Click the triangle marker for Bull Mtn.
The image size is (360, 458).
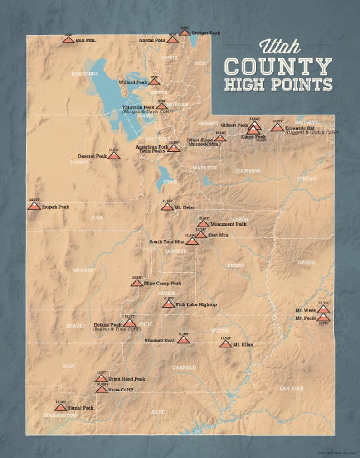pyautogui.click(x=68, y=39)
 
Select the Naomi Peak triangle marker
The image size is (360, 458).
pyautogui.click(x=172, y=40)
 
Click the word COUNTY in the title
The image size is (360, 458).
pyautogui.click(x=278, y=66)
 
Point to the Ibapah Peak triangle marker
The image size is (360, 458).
pyautogui.click(x=34, y=207)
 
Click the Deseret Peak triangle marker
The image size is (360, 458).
pyautogui.click(x=114, y=155)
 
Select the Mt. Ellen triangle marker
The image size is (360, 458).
pyautogui.click(x=225, y=344)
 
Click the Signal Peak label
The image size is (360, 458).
pyautogui.click(x=82, y=408)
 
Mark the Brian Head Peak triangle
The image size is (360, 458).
pyautogui.click(x=101, y=378)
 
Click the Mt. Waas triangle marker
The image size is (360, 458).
pyautogui.click(x=323, y=310)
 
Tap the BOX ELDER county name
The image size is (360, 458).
pyautogui.click(x=85, y=73)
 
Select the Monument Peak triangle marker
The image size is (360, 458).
pyautogui.click(x=203, y=223)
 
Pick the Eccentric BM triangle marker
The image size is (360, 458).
pyautogui.click(x=277, y=128)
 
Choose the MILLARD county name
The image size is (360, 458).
pyautogui.click(x=83, y=270)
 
